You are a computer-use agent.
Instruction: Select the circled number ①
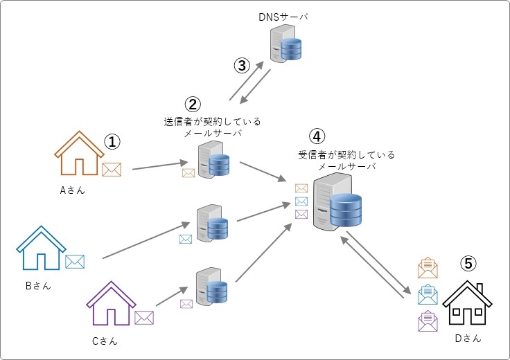(x=113, y=142)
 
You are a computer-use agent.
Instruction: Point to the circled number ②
(x=192, y=105)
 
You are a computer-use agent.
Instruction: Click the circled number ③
(x=241, y=66)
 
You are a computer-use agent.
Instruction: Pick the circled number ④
(x=317, y=136)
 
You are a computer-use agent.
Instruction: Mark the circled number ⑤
(x=469, y=263)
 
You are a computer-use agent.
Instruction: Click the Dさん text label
(x=468, y=339)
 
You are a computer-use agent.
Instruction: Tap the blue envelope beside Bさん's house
(x=75, y=262)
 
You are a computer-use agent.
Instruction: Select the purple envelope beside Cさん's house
(x=144, y=318)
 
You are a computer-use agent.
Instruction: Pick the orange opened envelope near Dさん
(x=428, y=269)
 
